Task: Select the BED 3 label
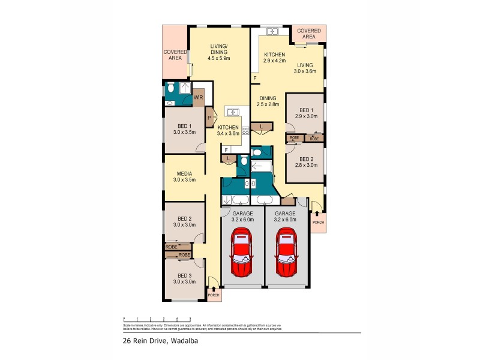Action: (184, 278)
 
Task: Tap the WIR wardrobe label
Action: (197, 97)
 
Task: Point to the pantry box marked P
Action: (209, 118)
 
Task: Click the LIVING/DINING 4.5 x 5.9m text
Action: (220, 52)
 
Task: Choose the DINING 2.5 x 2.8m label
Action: (268, 101)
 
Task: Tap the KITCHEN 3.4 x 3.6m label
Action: (228, 130)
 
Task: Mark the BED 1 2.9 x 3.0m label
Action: (306, 113)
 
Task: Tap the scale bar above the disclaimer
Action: (157, 319)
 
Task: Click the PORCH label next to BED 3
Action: (213, 295)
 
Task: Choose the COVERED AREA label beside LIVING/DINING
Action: (175, 55)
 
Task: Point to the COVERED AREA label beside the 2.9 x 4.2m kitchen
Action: (309, 34)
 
